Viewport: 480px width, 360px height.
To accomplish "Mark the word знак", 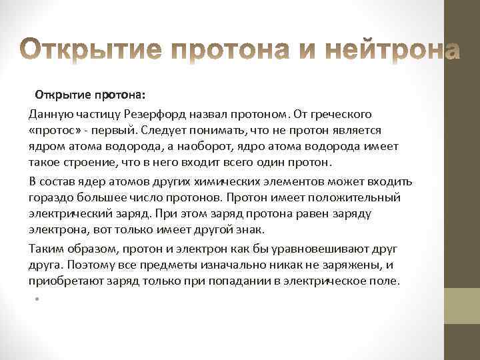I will (251, 230).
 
